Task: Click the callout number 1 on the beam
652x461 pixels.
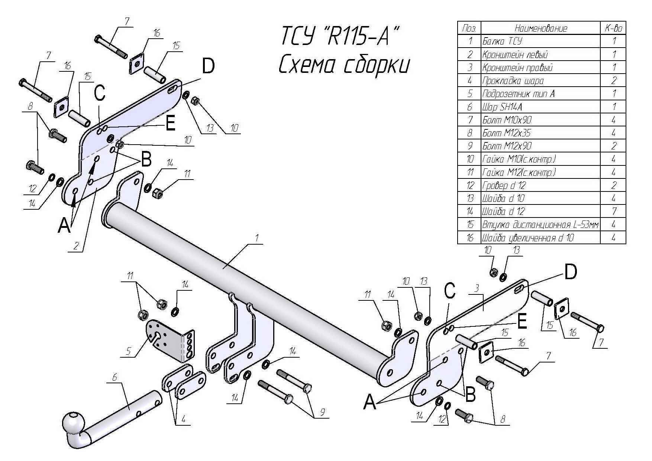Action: [256, 238]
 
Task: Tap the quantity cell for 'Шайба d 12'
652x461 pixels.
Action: [613, 212]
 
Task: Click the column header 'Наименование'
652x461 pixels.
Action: [540, 28]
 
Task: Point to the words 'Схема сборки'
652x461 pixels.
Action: [344, 65]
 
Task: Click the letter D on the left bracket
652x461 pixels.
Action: [208, 67]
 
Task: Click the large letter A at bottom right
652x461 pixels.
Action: [369, 402]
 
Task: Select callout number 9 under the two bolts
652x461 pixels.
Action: [323, 412]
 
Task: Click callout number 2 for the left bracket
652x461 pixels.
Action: [76, 245]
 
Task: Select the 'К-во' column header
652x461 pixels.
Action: [613, 28]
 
